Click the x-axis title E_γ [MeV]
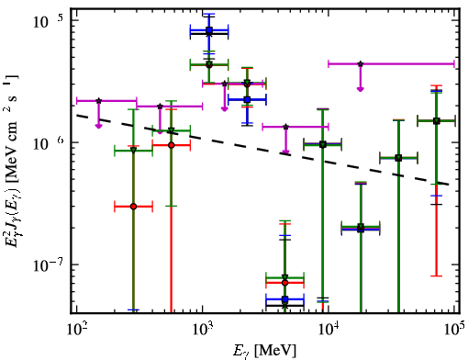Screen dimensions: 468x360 pos(264,351)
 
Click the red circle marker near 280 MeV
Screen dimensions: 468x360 pos(133,207)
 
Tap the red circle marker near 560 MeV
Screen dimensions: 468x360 pos(172,145)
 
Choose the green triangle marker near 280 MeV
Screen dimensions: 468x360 pos(133,150)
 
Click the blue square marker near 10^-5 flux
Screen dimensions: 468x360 pos(209,30)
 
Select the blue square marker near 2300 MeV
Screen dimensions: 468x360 pos(247,99)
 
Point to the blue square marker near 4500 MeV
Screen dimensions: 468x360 pos(285,299)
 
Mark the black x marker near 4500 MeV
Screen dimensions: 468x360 pos(285,306)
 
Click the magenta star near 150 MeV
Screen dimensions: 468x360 pos(98,101)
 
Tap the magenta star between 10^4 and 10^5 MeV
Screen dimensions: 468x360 pos(361,64)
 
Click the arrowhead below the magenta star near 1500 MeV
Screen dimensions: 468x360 pos(225,109)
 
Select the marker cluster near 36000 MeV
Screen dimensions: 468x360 pos(398,158)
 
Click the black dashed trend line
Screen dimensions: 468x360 pos(263,149)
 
